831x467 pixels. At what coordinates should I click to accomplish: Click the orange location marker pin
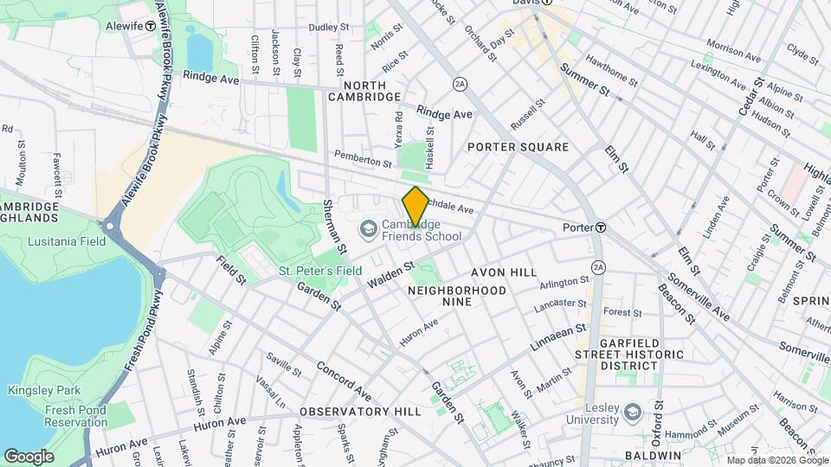415,206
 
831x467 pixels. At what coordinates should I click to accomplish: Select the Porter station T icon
600,227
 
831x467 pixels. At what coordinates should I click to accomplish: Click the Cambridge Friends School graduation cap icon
367,228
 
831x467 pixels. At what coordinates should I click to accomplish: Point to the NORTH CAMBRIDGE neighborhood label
364,92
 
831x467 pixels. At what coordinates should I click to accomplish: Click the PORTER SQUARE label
518,147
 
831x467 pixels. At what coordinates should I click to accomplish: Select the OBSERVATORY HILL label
360,412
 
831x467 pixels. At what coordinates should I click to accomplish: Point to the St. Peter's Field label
320,271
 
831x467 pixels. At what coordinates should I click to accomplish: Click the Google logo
29,456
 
